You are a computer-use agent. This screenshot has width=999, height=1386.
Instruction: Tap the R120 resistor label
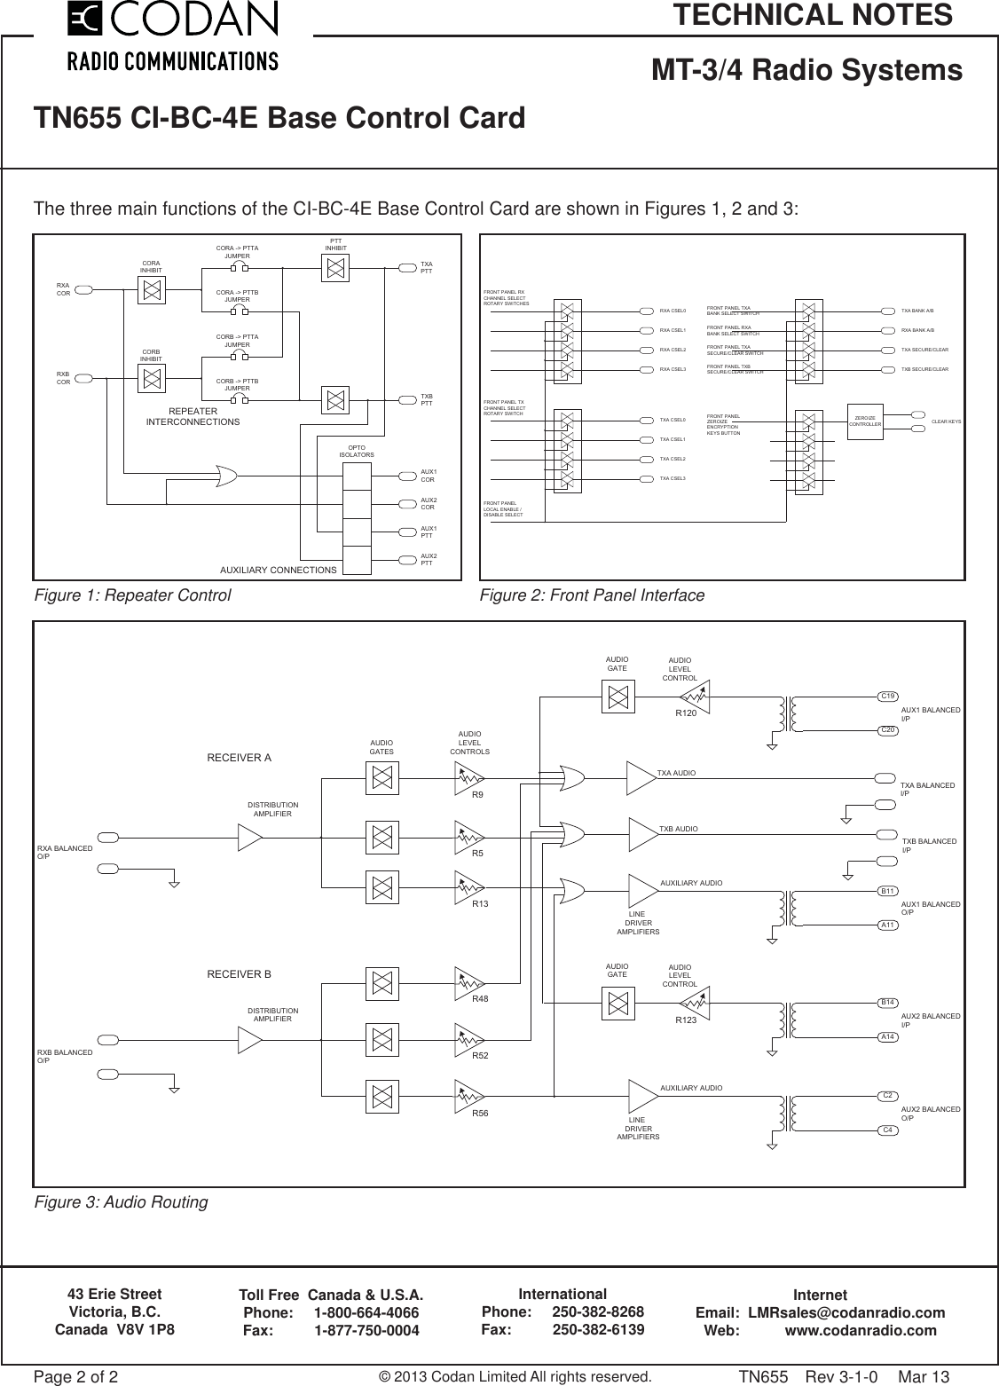click(686, 713)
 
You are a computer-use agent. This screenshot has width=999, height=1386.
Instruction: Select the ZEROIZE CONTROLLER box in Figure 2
click(864, 421)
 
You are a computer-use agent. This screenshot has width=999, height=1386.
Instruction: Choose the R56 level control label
click(480, 1113)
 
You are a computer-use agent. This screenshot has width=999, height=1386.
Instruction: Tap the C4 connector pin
click(887, 1130)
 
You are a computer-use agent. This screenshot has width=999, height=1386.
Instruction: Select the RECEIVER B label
click(239, 974)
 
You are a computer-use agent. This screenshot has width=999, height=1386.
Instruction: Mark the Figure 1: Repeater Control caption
click(131, 595)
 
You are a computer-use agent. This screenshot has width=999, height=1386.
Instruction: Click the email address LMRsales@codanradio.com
click(846, 1312)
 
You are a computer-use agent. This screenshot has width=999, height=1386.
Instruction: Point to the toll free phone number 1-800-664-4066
click(366, 1312)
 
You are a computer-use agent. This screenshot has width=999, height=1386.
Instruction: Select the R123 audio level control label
click(686, 1020)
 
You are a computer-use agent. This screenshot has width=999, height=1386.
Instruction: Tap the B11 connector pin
click(887, 890)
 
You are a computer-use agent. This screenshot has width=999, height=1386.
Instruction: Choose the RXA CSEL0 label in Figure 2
click(673, 311)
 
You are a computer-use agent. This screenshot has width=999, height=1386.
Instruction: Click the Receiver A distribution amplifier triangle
click(249, 837)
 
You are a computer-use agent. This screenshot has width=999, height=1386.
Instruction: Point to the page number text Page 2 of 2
click(75, 1377)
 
